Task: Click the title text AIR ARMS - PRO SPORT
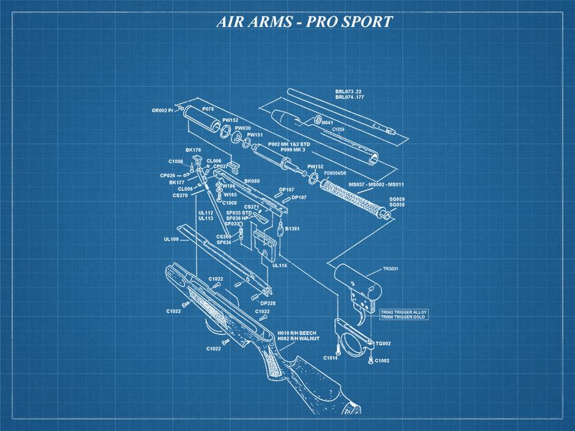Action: click(304, 21)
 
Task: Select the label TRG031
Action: click(391, 269)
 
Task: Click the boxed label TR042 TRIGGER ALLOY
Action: click(403, 312)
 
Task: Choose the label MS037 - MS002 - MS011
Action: click(376, 185)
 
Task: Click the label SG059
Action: click(396, 199)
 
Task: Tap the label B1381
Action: click(292, 229)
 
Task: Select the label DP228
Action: click(268, 303)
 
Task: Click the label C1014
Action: click(330, 358)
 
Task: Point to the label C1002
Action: click(382, 361)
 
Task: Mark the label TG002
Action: click(384, 343)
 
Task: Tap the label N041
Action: click(327, 122)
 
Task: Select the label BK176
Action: click(193, 150)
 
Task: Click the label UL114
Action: click(280, 265)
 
